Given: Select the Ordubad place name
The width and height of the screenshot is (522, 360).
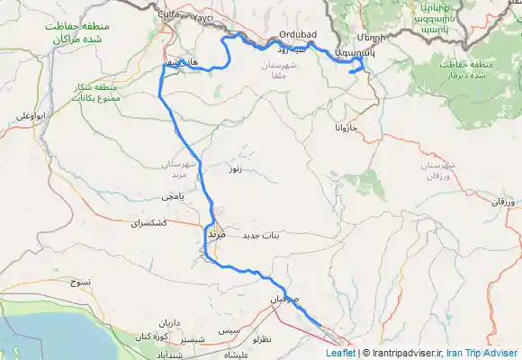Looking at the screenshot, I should coord(294,35).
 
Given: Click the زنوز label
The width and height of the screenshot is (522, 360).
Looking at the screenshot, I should coord(236,168).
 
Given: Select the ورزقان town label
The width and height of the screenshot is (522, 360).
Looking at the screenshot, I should coord(482,203).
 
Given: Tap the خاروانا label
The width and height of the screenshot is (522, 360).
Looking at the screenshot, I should coord(345,130).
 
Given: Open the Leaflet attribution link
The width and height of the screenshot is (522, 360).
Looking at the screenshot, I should coord(340,353).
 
